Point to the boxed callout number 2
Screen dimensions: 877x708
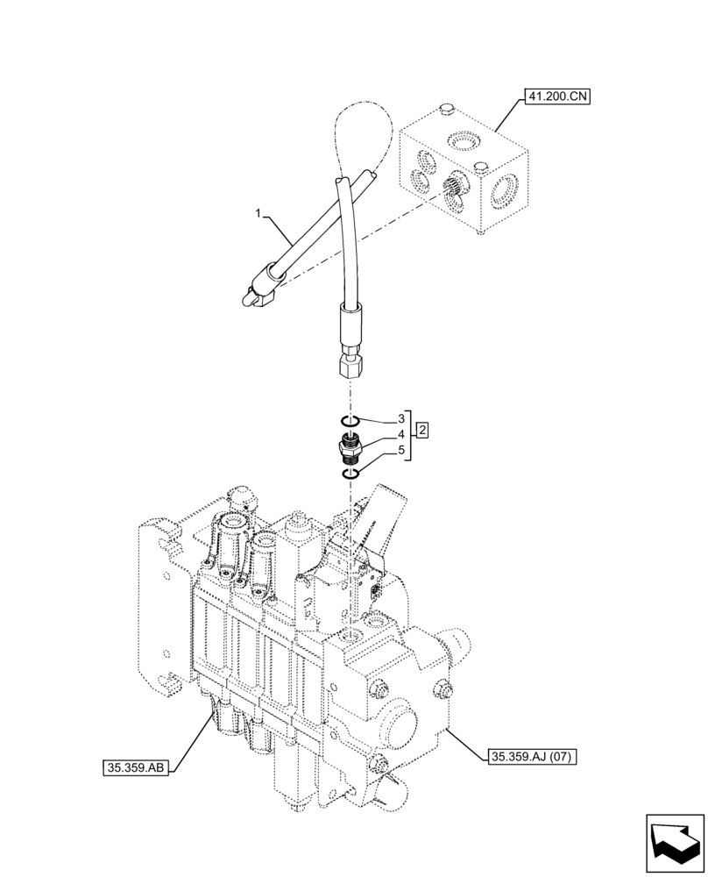422,431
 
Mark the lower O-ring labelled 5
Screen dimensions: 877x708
350,474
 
